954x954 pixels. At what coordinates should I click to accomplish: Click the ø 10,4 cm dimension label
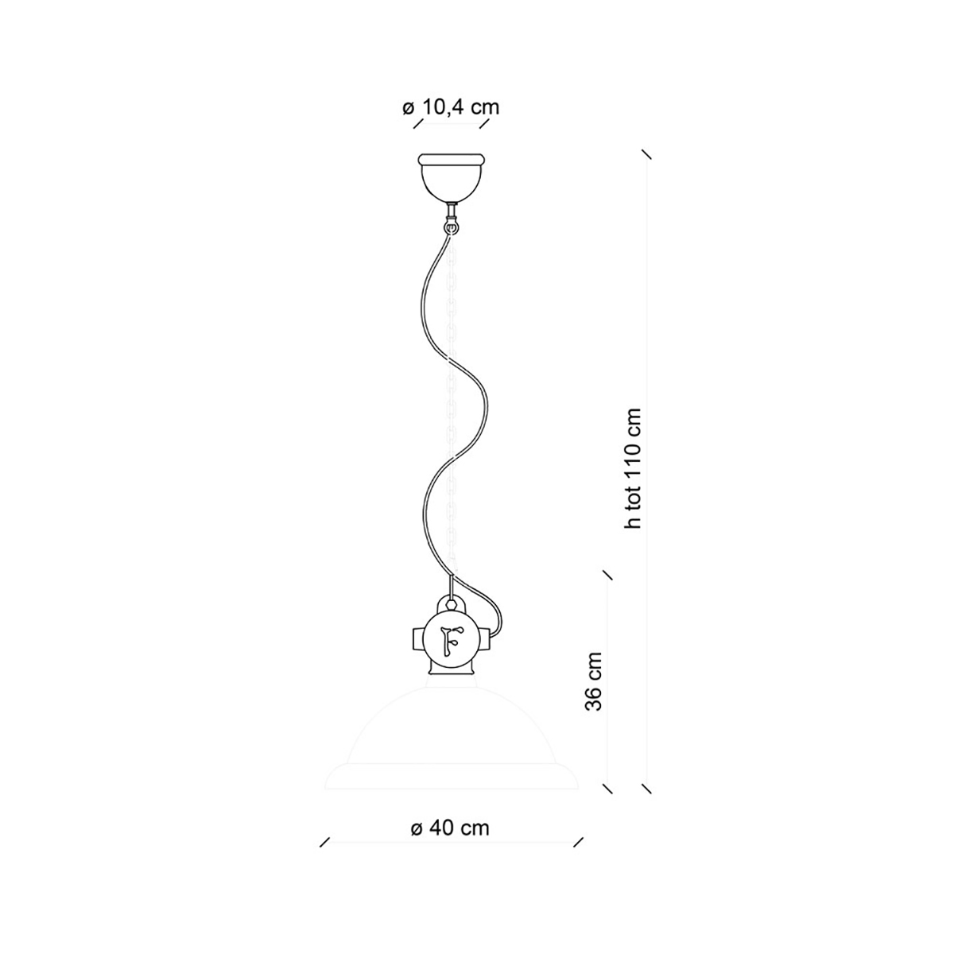tap(451, 107)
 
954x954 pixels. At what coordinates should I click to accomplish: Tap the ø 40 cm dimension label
tap(450, 828)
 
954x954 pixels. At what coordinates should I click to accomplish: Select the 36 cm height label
tap(593, 681)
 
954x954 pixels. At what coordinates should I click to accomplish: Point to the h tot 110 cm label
tap(633, 468)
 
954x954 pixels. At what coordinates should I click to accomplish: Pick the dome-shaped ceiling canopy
tap(450, 178)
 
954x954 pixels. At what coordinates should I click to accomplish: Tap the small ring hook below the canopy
tap(450, 228)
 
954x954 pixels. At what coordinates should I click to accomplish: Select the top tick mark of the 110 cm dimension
tap(646, 153)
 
